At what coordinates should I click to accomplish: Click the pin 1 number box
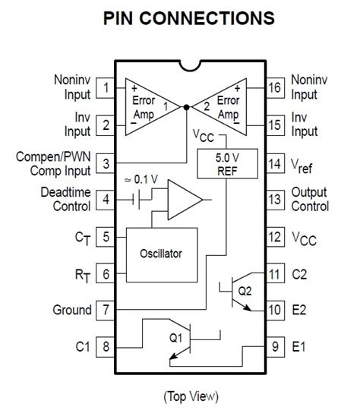pyautogui.click(x=105, y=88)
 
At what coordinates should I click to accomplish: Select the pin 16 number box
pyautogui.click(x=276, y=88)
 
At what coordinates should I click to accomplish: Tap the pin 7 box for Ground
pyautogui.click(x=105, y=310)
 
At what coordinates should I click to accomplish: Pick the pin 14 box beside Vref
pyautogui.click(x=276, y=164)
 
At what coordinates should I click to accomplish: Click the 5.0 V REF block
pyautogui.click(x=227, y=163)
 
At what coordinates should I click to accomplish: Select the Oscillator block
pyautogui.click(x=162, y=255)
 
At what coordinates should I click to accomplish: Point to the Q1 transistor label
pyautogui.click(x=175, y=338)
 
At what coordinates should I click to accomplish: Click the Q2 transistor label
pyautogui.click(x=245, y=291)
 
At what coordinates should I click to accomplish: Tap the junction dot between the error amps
pyautogui.click(x=186, y=107)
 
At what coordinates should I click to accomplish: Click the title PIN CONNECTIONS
pyautogui.click(x=188, y=18)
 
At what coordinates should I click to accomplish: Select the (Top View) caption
pyautogui.click(x=191, y=396)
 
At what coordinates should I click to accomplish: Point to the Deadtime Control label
pyautogui.click(x=65, y=200)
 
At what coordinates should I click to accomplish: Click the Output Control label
pyautogui.click(x=310, y=200)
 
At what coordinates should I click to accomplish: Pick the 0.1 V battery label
pyautogui.click(x=141, y=179)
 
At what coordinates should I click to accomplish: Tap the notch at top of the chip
pyautogui.click(x=190, y=65)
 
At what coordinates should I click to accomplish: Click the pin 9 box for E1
pyautogui.click(x=276, y=347)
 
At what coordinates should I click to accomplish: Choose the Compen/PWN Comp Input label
pyautogui.click(x=53, y=164)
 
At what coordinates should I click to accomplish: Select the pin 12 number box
pyautogui.click(x=276, y=237)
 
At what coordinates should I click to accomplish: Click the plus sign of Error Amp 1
pyautogui.click(x=134, y=89)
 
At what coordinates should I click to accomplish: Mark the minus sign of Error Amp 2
pyautogui.click(x=236, y=123)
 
